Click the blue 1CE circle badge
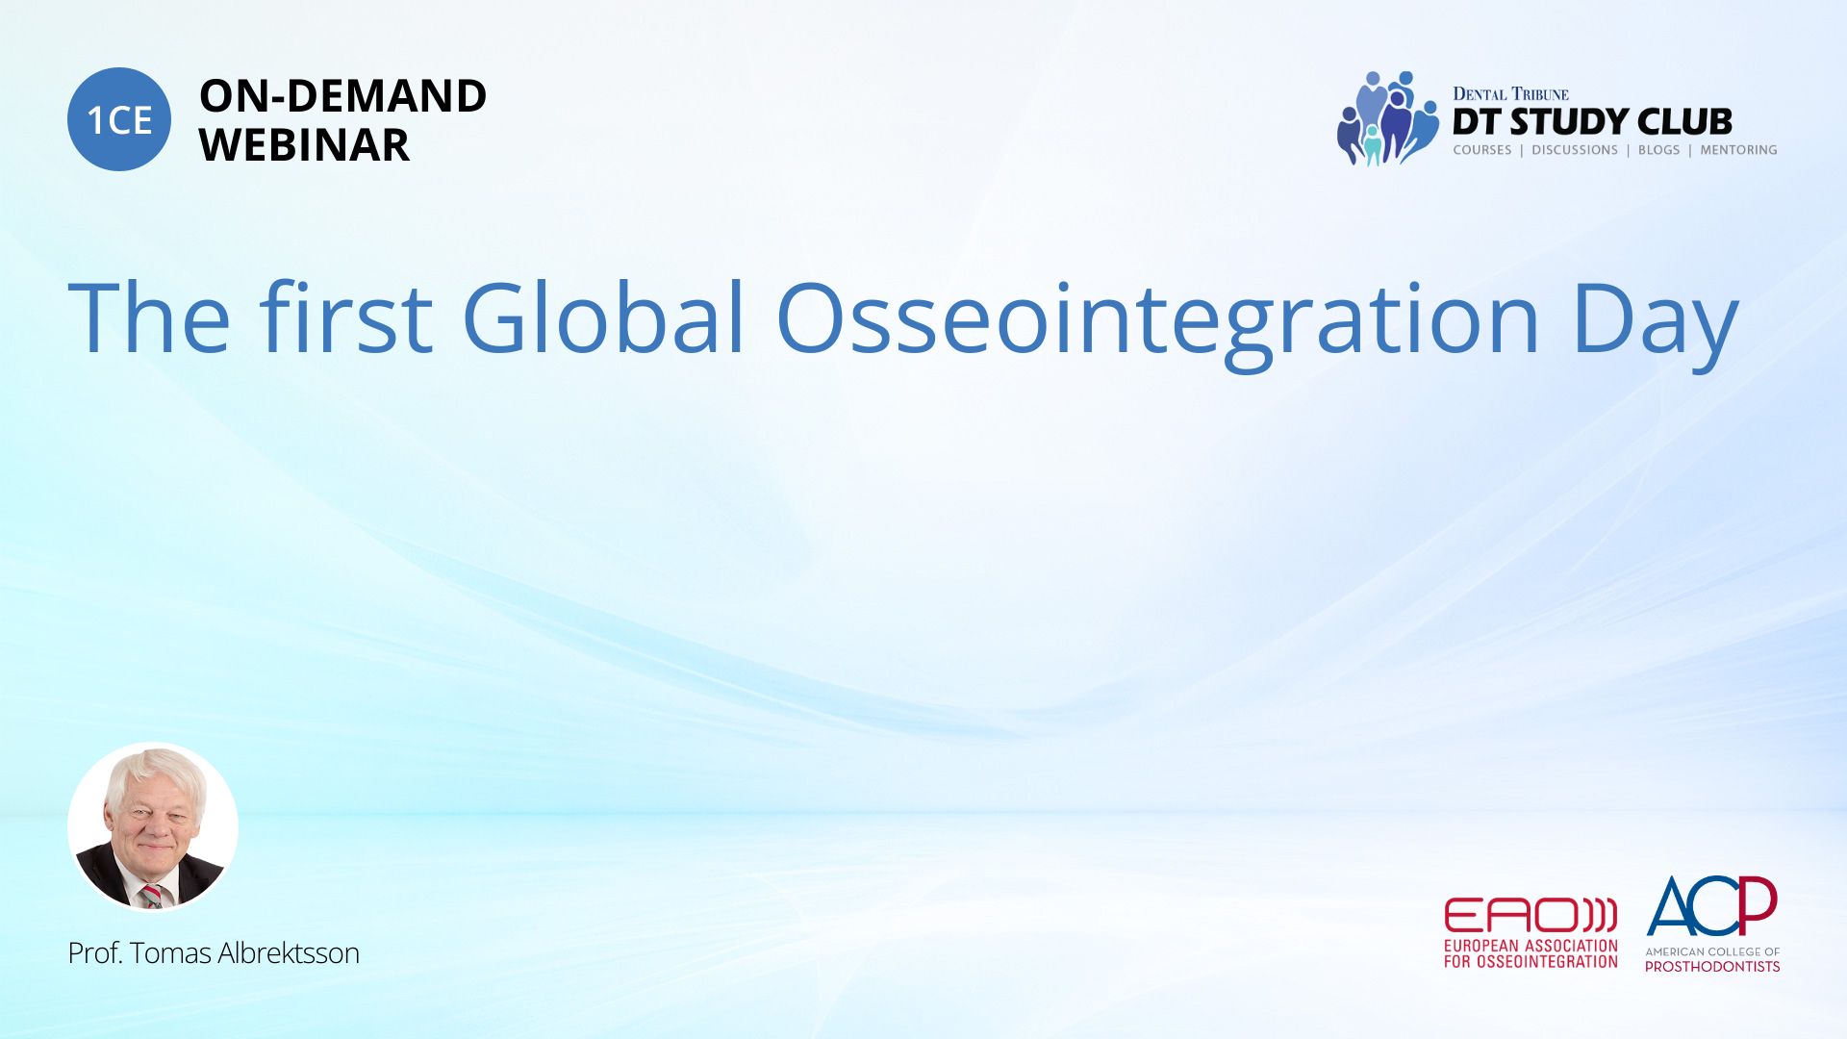(x=119, y=119)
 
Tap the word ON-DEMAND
(x=342, y=96)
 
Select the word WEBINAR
(x=304, y=145)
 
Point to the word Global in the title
(x=604, y=317)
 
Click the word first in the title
(x=345, y=317)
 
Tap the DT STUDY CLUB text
(x=1592, y=121)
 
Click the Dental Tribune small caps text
(x=1510, y=93)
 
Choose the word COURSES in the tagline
(x=1482, y=150)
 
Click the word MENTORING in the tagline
(x=1738, y=150)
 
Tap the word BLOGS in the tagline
(x=1659, y=150)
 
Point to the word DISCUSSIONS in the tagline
(x=1575, y=150)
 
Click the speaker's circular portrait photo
(x=153, y=827)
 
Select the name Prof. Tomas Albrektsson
(x=214, y=953)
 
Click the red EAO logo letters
(x=1531, y=915)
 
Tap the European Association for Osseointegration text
(x=1531, y=953)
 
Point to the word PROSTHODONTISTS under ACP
(x=1712, y=966)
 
